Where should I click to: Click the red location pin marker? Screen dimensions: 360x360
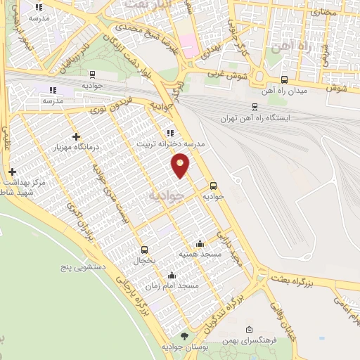181,165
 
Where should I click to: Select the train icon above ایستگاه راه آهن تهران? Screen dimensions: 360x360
255,107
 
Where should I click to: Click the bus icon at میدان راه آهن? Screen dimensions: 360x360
284,79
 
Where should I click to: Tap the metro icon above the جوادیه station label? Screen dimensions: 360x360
213,186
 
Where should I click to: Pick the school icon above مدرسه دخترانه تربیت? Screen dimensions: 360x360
169,132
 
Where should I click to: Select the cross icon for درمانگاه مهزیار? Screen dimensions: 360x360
76,136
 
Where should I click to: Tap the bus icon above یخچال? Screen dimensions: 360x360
144,250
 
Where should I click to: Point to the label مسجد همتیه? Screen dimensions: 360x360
198,253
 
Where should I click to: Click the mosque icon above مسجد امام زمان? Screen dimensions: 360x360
172,276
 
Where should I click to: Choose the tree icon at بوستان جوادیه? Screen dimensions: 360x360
184,336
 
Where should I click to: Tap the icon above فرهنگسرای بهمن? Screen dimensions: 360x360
250,330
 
